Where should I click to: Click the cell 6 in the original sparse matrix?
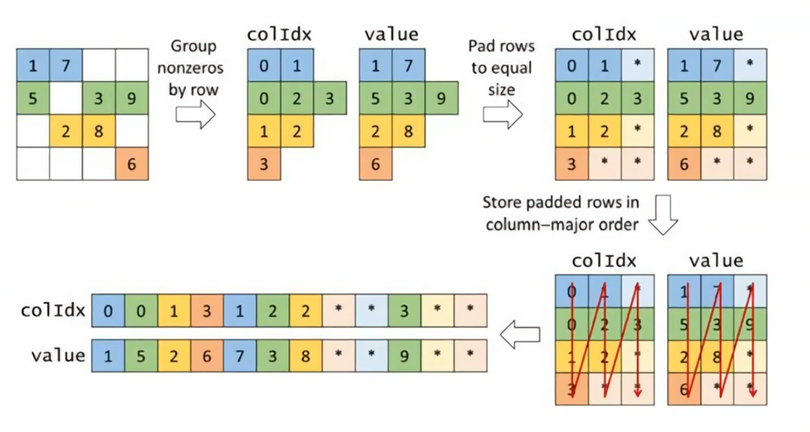132,164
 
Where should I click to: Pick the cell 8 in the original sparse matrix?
99,131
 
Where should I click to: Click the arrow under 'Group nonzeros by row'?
195,114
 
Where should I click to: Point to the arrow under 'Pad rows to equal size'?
503,114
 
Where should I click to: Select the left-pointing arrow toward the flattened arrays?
520,335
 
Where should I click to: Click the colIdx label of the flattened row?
53,310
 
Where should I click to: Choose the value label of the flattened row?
58,355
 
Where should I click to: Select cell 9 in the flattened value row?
404,355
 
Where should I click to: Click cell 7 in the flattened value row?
240,355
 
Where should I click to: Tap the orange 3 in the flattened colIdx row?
207,310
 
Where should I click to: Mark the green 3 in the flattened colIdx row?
404,310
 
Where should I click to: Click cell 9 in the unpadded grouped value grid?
441,98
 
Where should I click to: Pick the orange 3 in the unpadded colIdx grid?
264,164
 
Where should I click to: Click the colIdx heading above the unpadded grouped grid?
279,34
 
